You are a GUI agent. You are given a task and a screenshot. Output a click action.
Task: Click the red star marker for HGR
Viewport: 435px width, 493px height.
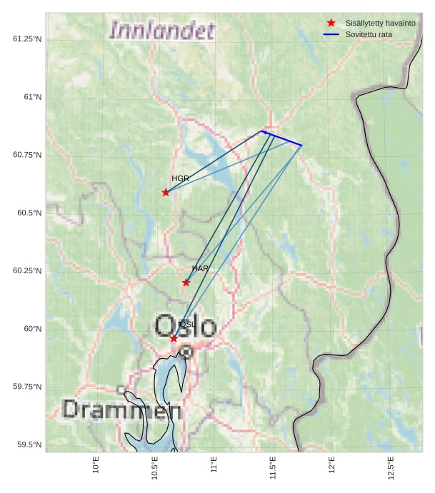click(x=166, y=192)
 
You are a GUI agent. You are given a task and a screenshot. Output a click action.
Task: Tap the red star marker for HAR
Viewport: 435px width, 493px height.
click(x=186, y=283)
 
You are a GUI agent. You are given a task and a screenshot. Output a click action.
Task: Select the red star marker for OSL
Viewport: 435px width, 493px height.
click(x=174, y=338)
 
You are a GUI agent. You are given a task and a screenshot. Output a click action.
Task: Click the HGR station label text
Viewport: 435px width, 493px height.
click(x=180, y=178)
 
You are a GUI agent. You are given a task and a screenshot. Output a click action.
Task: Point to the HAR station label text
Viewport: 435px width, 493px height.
click(x=200, y=269)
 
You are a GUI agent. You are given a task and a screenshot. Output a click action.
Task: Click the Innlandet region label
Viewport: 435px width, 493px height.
click(x=161, y=31)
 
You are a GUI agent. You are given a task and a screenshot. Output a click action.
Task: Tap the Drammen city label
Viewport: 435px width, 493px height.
click(x=121, y=410)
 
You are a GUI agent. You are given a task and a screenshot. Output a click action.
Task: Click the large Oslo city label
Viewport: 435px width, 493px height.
click(x=186, y=326)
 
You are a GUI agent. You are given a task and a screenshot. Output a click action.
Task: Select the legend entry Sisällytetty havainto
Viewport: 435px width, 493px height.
click(x=380, y=24)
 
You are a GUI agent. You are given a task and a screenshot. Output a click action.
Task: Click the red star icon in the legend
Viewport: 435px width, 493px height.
click(x=331, y=23)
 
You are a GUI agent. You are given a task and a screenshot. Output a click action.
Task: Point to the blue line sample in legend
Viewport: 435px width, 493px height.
click(x=331, y=34)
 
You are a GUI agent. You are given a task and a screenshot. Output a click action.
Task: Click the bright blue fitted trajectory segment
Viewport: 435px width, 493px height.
click(x=282, y=138)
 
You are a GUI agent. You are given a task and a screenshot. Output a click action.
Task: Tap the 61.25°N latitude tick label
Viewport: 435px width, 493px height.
click(x=27, y=39)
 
